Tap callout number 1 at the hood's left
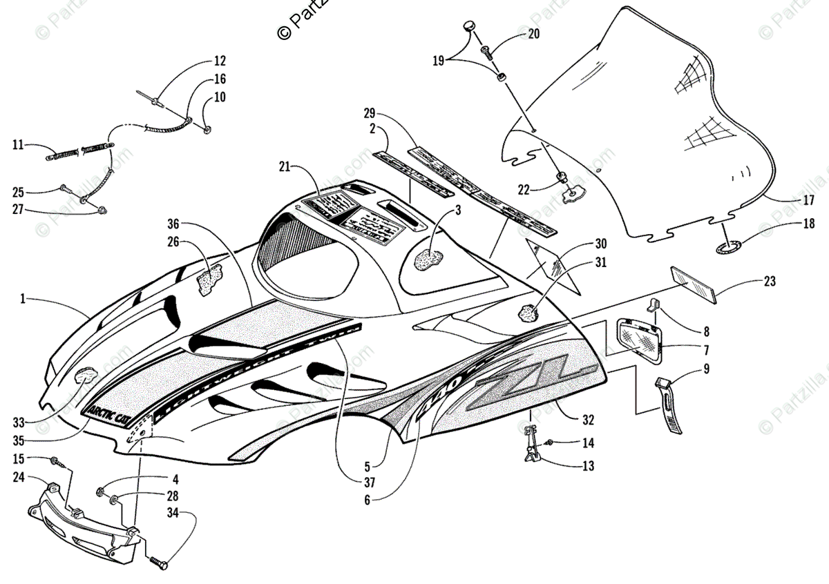click(23, 299)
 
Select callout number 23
click(770, 282)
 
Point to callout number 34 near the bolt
click(172, 512)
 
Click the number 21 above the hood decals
click(285, 166)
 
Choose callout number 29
click(369, 113)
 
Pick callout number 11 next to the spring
click(18, 145)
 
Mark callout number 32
click(588, 419)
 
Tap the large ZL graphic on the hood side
click(525, 384)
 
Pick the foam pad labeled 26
click(211, 279)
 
